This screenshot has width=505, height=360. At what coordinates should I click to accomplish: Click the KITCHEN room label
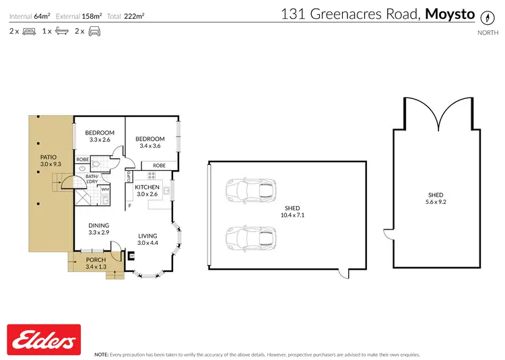147,187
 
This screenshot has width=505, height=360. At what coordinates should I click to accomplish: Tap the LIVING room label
147,236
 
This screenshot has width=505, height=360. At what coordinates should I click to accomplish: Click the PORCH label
95,260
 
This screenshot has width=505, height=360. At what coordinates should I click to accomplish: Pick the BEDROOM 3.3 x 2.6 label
100,133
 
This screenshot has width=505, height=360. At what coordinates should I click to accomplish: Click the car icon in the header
96,31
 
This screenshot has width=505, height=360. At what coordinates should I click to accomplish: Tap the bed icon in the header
30,31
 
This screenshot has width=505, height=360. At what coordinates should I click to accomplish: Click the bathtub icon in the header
61,31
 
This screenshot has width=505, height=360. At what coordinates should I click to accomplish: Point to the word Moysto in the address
450,14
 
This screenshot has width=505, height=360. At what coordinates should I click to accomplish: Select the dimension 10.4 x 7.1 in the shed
292,216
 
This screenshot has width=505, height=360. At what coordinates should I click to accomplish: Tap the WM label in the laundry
105,190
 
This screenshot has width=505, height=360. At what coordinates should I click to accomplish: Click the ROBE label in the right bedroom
159,165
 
